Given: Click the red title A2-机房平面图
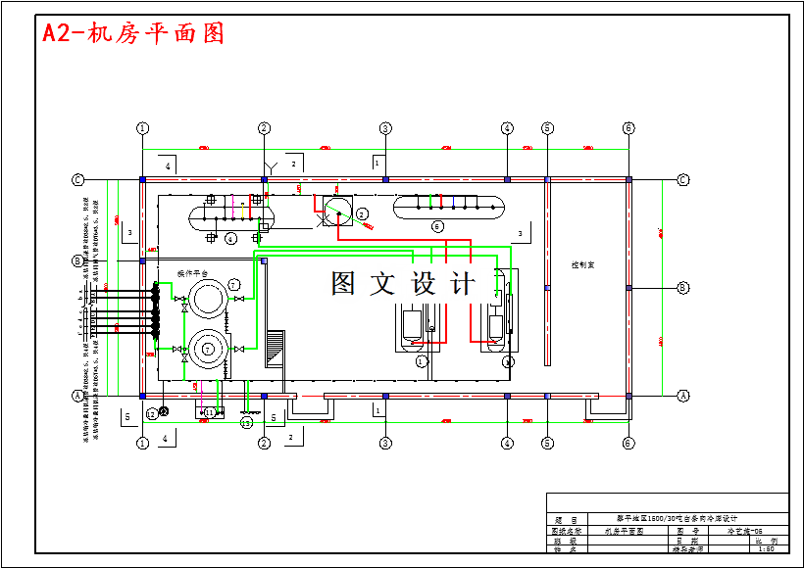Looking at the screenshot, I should coord(133,33).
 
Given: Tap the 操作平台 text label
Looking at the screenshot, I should coord(193,272).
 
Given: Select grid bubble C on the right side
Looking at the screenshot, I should coord(683,179).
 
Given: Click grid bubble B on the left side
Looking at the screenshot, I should coord(77,260).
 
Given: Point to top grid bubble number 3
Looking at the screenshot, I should coord(385,128).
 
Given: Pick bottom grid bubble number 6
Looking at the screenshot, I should coord(628,443).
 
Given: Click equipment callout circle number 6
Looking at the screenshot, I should coord(438,226).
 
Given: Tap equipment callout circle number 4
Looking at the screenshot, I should coord(230,238).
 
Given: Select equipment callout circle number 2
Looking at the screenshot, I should coord(362,213).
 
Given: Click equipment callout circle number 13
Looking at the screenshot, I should coord(246,422).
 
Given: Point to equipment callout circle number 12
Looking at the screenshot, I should coord(151,414).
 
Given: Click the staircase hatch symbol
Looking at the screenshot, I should coord(276,348).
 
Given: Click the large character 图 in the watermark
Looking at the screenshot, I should coord(343,284).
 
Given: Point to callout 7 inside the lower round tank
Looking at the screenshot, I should coord(207,349).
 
